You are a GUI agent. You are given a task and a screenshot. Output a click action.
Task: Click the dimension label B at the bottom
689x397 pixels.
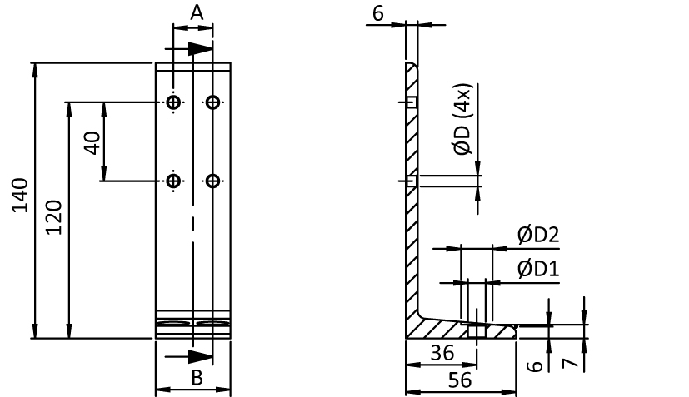click(x=197, y=378)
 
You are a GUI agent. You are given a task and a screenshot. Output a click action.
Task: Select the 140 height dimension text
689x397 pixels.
click(x=20, y=196)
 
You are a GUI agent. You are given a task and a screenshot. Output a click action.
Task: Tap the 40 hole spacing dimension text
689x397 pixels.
click(x=92, y=142)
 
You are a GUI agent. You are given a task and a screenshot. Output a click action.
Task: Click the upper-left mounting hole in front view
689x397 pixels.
click(x=173, y=102)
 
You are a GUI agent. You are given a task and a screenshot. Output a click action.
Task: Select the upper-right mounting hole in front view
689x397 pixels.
click(x=213, y=102)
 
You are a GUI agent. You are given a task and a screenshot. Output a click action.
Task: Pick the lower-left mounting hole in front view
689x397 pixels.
click(x=173, y=181)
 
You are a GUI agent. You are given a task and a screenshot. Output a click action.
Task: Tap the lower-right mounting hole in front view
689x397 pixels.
click(x=213, y=181)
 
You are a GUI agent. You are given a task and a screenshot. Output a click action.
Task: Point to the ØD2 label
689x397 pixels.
click(x=537, y=236)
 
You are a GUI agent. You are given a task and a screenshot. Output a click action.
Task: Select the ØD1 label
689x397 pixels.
click(x=537, y=268)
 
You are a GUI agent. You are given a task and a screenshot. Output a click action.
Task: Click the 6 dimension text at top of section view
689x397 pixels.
click(x=377, y=14)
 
